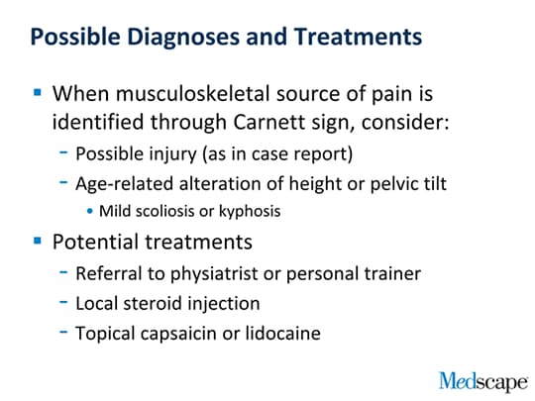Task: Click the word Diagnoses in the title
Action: tap(183, 37)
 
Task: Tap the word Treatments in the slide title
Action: tap(358, 37)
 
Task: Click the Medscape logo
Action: tap(483, 382)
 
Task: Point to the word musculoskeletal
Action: tap(193, 93)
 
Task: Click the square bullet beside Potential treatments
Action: tap(38, 241)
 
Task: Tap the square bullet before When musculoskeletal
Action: tap(38, 92)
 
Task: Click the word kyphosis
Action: tap(250, 212)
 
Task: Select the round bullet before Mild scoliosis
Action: tap(90, 211)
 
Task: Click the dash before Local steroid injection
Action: tap(63, 302)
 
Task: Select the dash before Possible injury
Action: tap(63, 152)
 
